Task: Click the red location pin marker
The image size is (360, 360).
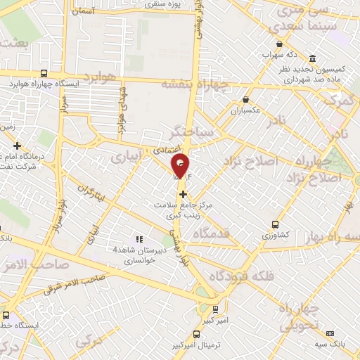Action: click(181, 165)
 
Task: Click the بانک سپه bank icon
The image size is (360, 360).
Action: click(330, 333)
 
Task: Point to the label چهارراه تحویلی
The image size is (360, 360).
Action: click(300, 318)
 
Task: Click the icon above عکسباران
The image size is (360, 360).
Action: click(245, 100)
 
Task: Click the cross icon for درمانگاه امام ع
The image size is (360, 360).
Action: click(17, 145)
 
